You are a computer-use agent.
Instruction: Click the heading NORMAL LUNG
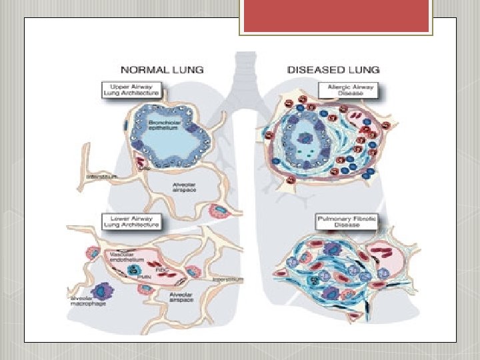[x=162, y=69]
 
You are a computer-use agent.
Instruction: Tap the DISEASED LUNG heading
[x=333, y=69]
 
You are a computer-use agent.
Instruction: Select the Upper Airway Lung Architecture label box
[x=131, y=89]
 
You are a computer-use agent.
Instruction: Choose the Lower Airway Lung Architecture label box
[x=131, y=221]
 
